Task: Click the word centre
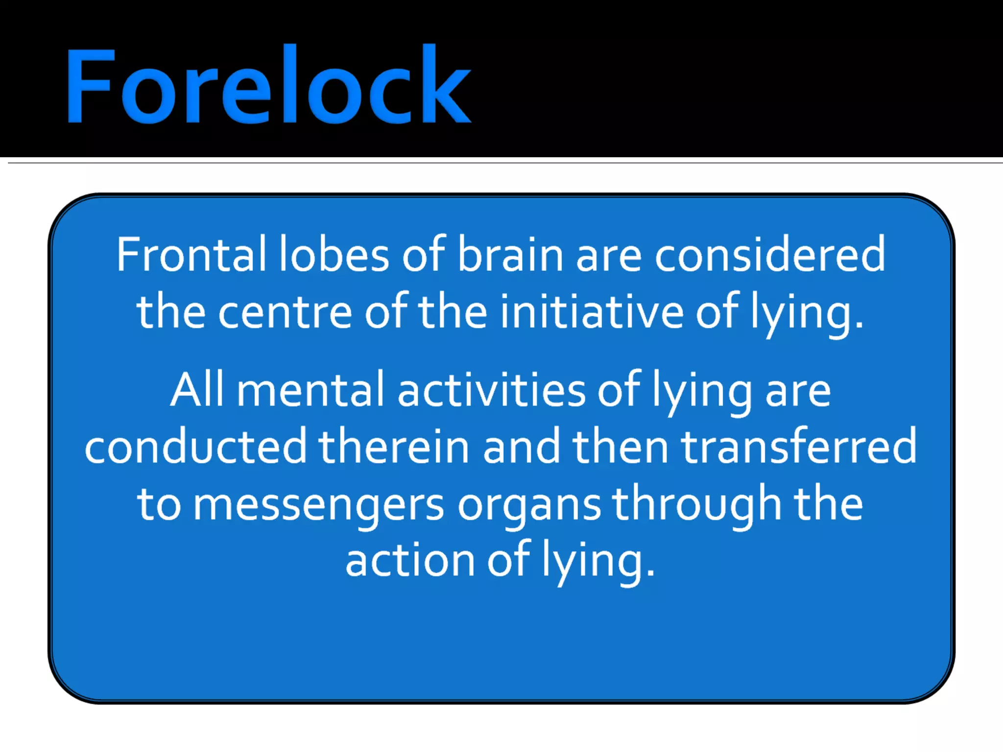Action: coord(285,312)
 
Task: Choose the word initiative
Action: coord(591,312)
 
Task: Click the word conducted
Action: coord(195,446)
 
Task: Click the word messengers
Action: coord(318,504)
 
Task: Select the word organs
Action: coord(529,504)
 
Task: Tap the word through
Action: coord(696,504)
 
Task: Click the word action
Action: coord(410,561)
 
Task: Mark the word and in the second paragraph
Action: coord(522,446)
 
